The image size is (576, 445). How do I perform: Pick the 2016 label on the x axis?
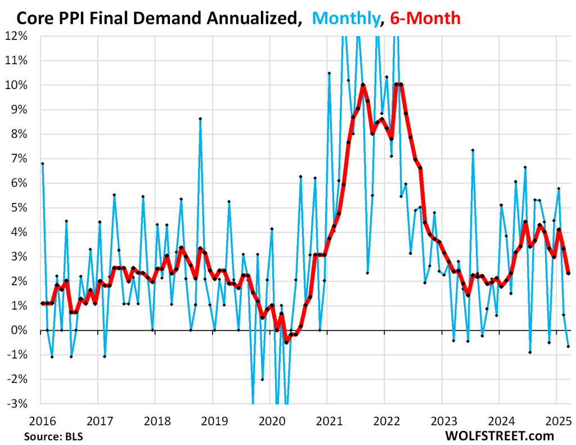[x=41, y=420]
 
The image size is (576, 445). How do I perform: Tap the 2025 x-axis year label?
[x=556, y=420]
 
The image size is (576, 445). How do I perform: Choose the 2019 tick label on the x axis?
[x=212, y=420]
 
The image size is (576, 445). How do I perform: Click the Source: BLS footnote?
[x=52, y=435]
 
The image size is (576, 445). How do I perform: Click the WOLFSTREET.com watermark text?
[x=499, y=435]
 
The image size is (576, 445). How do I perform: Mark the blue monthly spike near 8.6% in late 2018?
[x=200, y=119]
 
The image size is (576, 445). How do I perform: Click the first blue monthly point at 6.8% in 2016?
[x=42, y=163]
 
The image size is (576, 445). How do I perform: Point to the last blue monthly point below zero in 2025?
[x=568, y=346]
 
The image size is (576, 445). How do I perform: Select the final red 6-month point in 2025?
[x=568, y=273]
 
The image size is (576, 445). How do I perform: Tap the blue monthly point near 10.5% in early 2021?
[x=329, y=73]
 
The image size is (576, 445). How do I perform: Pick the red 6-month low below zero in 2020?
[x=286, y=342]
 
